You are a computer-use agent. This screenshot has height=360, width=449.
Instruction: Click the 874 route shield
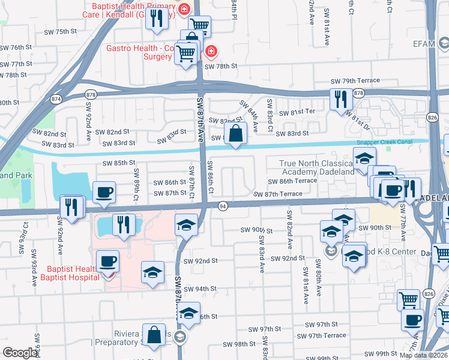56,98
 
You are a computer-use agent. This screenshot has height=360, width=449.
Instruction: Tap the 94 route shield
222,206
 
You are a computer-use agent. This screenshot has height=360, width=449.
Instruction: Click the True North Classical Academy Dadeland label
317,167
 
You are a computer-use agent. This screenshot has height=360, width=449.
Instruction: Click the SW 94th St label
200,289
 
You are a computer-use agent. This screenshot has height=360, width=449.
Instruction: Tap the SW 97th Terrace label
325,335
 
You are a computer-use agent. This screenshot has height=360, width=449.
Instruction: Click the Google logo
20,352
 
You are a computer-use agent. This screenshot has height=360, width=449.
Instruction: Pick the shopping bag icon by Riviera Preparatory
154,335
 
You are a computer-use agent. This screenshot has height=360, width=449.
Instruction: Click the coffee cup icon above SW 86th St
104,191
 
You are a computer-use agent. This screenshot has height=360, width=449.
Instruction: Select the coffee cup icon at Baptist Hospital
108,262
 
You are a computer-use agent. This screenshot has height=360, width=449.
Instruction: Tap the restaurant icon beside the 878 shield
340,99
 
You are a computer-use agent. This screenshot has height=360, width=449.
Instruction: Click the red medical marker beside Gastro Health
211,52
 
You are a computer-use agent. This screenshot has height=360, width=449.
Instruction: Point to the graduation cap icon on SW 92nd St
153,272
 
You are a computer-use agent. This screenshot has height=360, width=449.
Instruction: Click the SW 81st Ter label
303,112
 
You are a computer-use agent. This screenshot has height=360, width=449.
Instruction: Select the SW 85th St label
119,163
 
